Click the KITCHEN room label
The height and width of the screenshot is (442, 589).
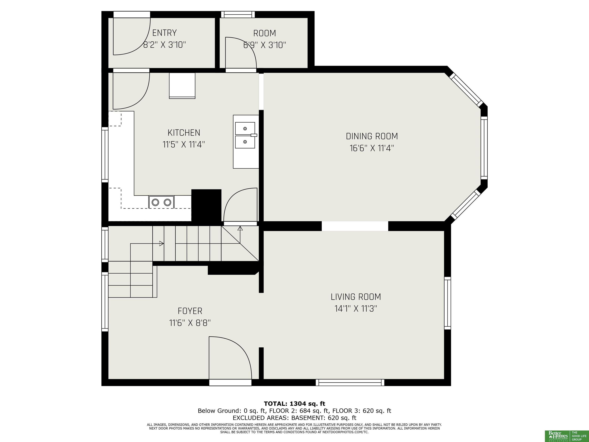tap(184, 133)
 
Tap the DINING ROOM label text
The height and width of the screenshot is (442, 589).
tap(372, 136)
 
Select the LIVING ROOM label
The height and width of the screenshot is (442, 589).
tap(356, 297)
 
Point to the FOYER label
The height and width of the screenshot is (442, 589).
tap(190, 311)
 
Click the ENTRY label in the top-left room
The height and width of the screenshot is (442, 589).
tap(164, 33)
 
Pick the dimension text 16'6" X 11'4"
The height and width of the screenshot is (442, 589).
tap(372, 148)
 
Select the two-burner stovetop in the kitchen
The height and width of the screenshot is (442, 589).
tap(161, 202)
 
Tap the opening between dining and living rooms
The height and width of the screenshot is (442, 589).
tap(355, 226)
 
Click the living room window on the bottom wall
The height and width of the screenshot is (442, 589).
tap(350, 383)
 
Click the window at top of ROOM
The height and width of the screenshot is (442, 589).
tap(238, 14)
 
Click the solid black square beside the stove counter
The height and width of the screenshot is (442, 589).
tap(206, 205)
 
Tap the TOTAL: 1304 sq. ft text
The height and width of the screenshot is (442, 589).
tap(294, 404)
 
